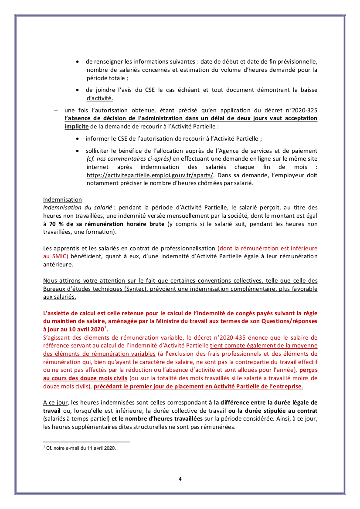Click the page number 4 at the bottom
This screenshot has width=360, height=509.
pos(180,479)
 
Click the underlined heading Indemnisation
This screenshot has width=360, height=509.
pos(62,199)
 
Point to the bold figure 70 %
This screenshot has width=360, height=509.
pos(58,224)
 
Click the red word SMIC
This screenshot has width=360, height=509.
pos(54,256)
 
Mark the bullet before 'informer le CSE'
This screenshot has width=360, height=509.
pos(78,139)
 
